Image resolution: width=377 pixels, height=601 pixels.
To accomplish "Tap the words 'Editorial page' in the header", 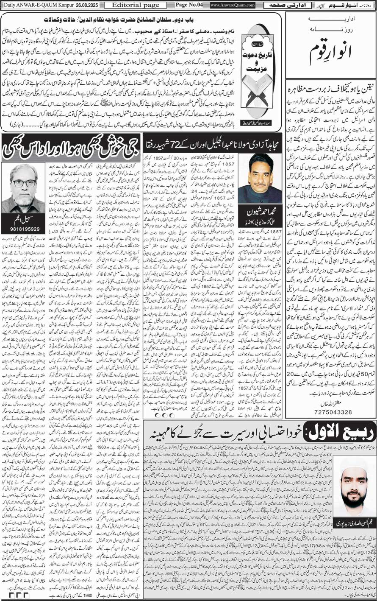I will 130,5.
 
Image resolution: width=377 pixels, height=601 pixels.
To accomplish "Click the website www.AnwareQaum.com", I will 232,5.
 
